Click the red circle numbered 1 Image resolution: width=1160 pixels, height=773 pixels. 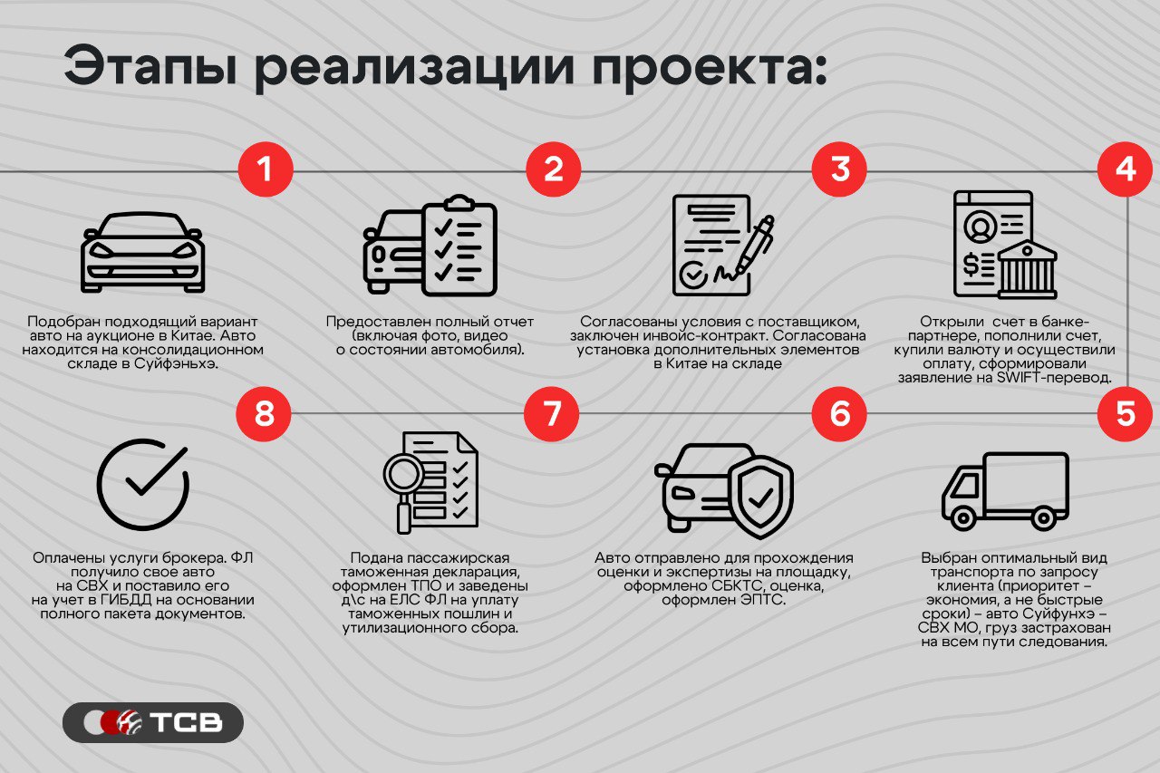click(266, 169)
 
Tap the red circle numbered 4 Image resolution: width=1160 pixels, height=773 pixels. click(1126, 169)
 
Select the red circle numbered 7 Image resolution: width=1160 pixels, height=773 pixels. click(552, 413)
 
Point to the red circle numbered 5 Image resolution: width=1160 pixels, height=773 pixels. click(1126, 413)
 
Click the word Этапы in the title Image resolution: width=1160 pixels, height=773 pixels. click(151, 67)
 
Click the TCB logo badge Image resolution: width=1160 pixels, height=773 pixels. click(153, 722)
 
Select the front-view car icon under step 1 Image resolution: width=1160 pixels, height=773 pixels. click(142, 252)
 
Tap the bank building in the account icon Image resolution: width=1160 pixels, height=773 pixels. click(1027, 270)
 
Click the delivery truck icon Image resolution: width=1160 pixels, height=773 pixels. click(1005, 491)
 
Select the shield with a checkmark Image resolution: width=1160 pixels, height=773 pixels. click(760, 497)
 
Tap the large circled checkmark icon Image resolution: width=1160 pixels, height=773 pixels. click(143, 484)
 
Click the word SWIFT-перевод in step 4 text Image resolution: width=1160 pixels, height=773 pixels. click(1054, 378)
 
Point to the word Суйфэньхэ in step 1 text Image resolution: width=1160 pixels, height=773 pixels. click(176, 363)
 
